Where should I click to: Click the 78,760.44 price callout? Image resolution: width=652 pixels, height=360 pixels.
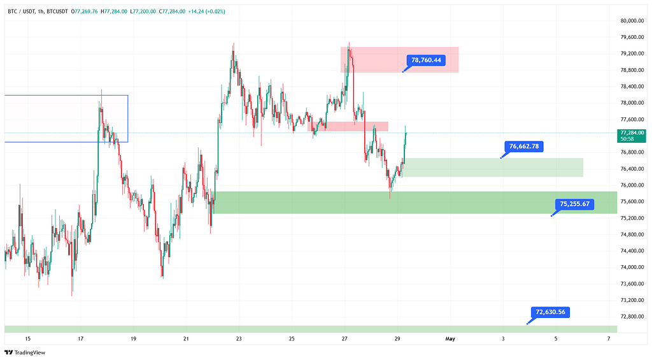[427, 61]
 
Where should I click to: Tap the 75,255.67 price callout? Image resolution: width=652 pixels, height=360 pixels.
[574, 205]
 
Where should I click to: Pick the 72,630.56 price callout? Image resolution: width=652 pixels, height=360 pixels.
[550, 312]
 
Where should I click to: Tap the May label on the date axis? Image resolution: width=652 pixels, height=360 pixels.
[450, 339]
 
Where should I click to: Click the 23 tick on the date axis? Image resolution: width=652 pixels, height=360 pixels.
[238, 339]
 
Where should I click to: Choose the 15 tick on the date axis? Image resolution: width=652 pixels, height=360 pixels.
[27, 339]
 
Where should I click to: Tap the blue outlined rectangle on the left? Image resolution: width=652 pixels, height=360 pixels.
[66, 119]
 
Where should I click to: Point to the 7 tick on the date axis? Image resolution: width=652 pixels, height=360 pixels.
[609, 339]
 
